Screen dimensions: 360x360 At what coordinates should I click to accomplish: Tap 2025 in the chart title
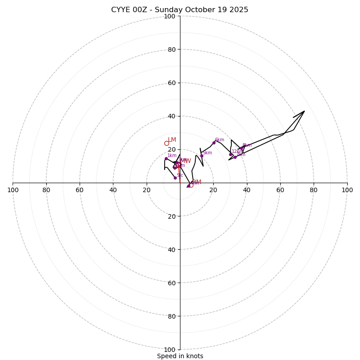pos(239,10)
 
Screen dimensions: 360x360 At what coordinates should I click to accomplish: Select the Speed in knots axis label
pos(180,356)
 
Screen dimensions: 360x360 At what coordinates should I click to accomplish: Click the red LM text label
pos(172,140)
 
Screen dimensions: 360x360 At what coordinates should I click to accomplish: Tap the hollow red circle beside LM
pos(166,144)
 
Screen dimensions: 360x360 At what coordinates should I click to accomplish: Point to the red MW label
pos(186,161)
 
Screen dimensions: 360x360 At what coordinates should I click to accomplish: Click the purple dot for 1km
pos(166,158)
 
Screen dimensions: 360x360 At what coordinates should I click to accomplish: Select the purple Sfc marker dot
pos(175,178)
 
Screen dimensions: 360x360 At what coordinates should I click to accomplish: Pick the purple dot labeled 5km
pos(202,156)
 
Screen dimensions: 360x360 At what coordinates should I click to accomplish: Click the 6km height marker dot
pos(214,143)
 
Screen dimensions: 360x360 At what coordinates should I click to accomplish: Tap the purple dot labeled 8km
pos(241,148)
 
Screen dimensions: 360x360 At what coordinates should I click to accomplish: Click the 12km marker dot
pos(230,154)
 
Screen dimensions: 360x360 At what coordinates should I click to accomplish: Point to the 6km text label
pos(219,140)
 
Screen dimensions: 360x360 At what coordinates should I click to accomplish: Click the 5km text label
pos(207,153)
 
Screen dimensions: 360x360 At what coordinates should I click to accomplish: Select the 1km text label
pos(172,156)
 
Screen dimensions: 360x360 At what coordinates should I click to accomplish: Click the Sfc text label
pos(180,175)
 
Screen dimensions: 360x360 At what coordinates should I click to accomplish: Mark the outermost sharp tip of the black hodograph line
pos(304,111)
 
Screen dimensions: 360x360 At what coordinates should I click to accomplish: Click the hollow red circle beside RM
pos(191,185)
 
